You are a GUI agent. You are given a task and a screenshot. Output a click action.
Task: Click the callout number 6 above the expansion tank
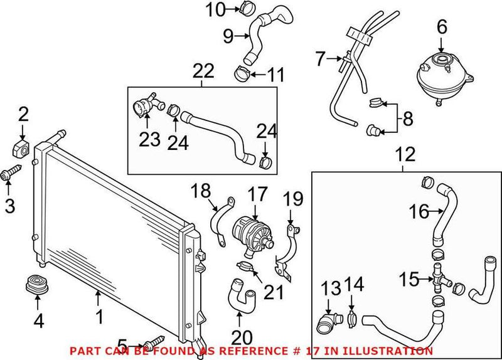[441, 26]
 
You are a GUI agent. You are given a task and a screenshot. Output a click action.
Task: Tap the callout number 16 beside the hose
[420, 213]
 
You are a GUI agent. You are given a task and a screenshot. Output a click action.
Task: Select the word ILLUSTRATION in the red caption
[395, 351]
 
